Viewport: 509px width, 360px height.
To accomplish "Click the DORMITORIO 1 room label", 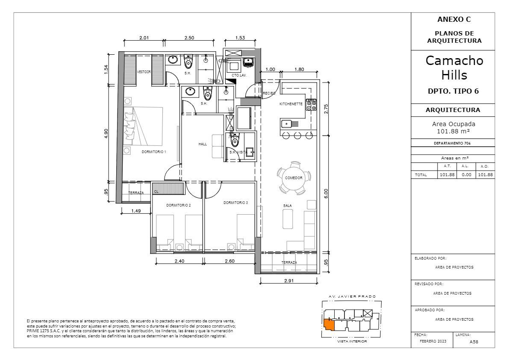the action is click(154, 152).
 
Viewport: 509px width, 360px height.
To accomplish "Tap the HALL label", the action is click(203, 144).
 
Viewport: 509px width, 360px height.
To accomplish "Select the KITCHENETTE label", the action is click(291, 104).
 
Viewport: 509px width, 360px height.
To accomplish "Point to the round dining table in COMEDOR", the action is click(294, 178).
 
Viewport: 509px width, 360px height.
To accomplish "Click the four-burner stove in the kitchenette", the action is click(312, 104).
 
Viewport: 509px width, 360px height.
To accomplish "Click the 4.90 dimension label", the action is click(106, 133).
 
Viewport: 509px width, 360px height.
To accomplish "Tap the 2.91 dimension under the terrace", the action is click(288, 280).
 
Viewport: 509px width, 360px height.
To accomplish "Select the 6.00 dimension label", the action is click(326, 194).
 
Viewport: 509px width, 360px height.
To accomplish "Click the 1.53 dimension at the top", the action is click(240, 38).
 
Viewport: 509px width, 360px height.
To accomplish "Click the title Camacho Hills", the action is click(454, 68).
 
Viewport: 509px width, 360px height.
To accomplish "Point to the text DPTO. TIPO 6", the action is click(453, 91).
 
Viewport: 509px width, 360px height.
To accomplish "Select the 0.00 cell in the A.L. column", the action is click(466, 174).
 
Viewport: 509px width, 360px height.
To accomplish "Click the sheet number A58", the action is click(474, 342).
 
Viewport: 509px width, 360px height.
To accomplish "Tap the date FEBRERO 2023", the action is click(433, 341).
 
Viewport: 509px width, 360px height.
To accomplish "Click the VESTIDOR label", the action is click(144, 72).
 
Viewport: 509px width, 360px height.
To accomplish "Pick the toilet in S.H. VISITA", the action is click(234, 140).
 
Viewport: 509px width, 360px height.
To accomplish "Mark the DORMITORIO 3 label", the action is click(235, 203).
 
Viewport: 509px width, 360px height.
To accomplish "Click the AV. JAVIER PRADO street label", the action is click(352, 296).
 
